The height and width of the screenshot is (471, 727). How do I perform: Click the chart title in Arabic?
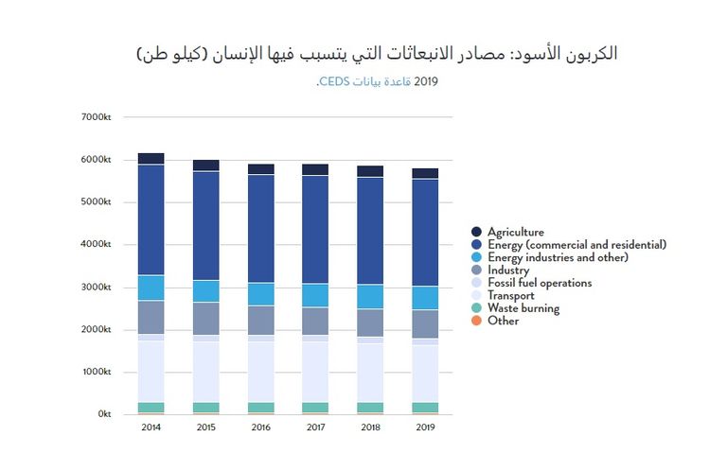pos(377,53)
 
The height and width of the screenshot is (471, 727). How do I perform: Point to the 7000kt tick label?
pos(98,117)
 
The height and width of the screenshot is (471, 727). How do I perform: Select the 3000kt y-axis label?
pos(98,287)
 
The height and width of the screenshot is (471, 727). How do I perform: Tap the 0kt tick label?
pos(103,414)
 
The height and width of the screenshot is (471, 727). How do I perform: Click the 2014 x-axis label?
pos(151,428)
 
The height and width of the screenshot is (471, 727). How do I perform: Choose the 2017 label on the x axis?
pos(315,428)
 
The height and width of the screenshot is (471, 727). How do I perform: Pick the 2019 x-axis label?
pos(425,428)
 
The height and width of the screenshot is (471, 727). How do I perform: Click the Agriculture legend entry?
pos(516,232)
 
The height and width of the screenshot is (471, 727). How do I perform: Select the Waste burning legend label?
pos(523,308)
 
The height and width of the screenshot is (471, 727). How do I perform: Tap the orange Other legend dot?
pos(477,321)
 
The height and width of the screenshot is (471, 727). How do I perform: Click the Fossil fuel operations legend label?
pos(540,283)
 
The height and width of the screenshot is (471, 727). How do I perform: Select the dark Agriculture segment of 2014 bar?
pos(151,159)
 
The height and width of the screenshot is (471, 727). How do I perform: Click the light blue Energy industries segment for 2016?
pos(260,294)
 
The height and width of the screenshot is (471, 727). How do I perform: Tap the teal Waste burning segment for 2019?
pos(425,408)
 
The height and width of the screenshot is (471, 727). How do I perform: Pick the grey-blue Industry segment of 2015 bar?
pos(205,319)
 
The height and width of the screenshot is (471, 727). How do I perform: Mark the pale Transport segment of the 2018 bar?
pos(370,373)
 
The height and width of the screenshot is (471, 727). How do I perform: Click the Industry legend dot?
pos(477,270)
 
